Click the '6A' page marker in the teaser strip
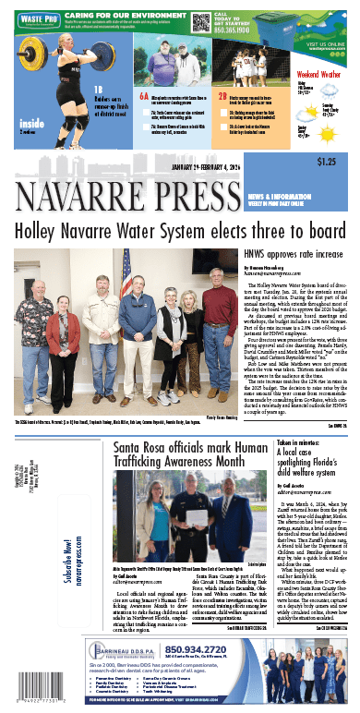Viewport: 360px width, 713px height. pos(144,94)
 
